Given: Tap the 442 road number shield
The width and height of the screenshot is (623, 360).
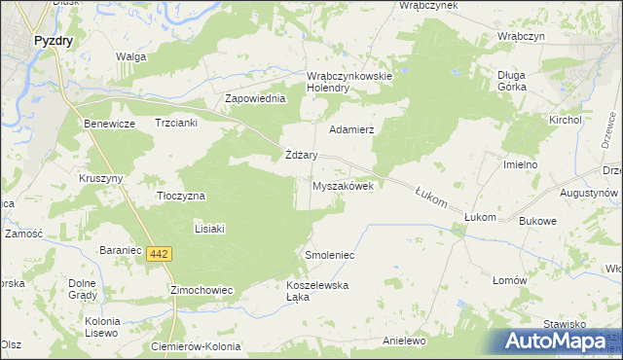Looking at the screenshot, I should point(161,254).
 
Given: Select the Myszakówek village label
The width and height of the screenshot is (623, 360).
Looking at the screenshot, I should point(343,186).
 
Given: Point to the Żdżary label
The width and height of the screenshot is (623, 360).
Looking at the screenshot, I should point(302,155).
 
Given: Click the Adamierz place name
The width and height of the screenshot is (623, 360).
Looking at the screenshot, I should point(352,128).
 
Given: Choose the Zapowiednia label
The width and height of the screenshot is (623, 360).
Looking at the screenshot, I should point(255,99).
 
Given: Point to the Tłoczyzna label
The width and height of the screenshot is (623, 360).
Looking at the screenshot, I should point(181,196).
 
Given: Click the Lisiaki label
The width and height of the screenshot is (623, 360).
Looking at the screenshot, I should point(210,229).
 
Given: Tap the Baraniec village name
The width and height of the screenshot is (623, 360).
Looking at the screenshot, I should point(123,250).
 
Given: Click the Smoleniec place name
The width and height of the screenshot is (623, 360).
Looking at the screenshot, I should point(330,255).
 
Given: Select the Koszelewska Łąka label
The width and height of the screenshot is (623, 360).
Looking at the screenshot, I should point(317,291).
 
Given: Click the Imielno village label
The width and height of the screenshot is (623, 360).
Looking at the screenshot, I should point(521,165).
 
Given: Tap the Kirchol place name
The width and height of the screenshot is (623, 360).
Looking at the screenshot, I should point(565,119).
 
